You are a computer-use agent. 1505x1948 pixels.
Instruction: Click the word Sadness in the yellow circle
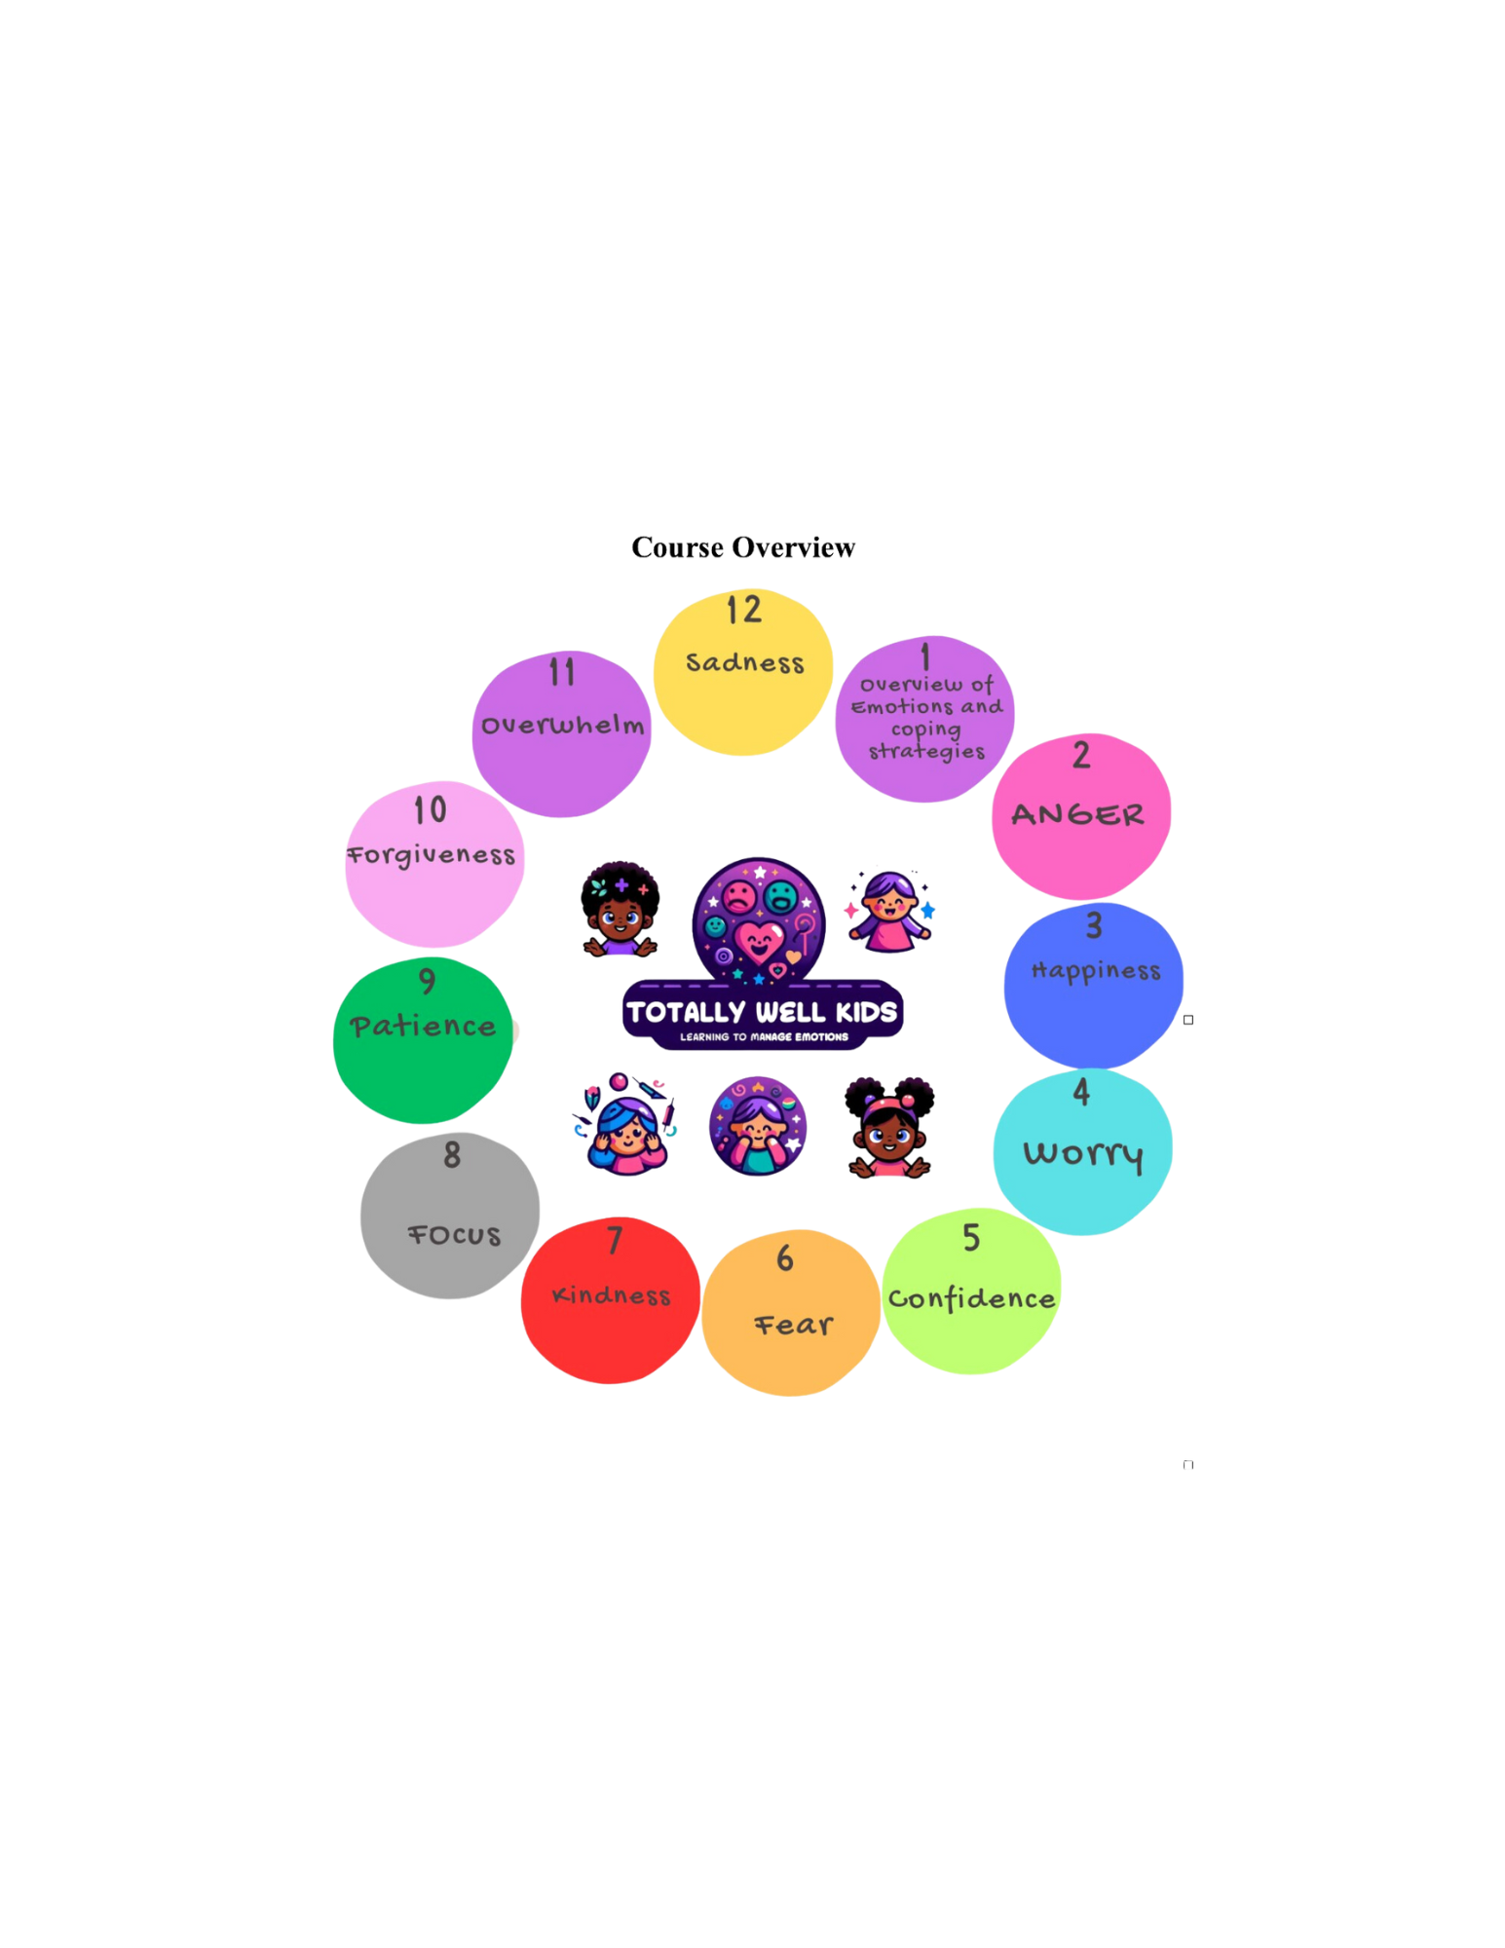pyautogui.click(x=745, y=663)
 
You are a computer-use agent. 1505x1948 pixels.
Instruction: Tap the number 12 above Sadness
pyautogui.click(x=743, y=611)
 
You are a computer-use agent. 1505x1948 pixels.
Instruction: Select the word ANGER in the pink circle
pyautogui.click(x=1077, y=815)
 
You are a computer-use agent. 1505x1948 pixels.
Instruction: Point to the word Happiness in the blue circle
pyautogui.click(x=1096, y=971)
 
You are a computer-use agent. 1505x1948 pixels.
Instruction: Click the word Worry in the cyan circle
pyautogui.click(x=1082, y=1154)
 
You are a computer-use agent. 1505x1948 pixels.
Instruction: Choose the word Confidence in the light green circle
pyautogui.click(x=971, y=1299)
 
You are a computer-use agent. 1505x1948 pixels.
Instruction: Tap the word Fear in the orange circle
pyautogui.click(x=794, y=1326)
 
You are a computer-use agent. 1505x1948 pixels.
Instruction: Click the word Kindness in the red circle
pyautogui.click(x=611, y=1295)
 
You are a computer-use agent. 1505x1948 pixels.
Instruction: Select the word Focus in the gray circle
pyautogui.click(x=454, y=1236)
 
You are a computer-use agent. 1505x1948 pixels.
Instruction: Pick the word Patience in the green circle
pyautogui.click(x=423, y=1027)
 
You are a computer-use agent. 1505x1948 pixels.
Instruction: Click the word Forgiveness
pyautogui.click(x=432, y=855)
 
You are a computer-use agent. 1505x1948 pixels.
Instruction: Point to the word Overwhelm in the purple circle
pyautogui.click(x=562, y=726)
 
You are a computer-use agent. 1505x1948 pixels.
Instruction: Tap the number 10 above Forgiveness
pyautogui.click(x=430, y=810)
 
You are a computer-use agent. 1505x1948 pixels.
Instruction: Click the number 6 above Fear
pyautogui.click(x=785, y=1258)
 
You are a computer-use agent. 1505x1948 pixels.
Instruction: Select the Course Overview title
pyautogui.click(x=742, y=548)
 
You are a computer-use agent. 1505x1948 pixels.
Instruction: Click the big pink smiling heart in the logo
pyautogui.click(x=758, y=941)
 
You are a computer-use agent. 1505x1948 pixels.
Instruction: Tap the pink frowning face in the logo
pyautogui.click(x=739, y=897)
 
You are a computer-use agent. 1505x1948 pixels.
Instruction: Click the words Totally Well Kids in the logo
pyautogui.click(x=762, y=1013)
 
